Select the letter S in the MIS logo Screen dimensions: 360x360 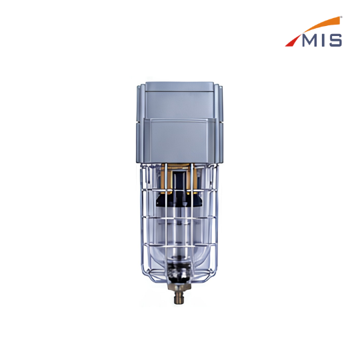tap(335, 41)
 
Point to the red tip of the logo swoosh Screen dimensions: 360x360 tap(292, 41)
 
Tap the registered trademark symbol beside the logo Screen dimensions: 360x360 tap(341, 17)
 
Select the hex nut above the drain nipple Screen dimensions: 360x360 tap(180, 286)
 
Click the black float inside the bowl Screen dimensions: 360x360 tap(179, 199)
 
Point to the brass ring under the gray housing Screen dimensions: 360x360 tap(179, 177)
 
